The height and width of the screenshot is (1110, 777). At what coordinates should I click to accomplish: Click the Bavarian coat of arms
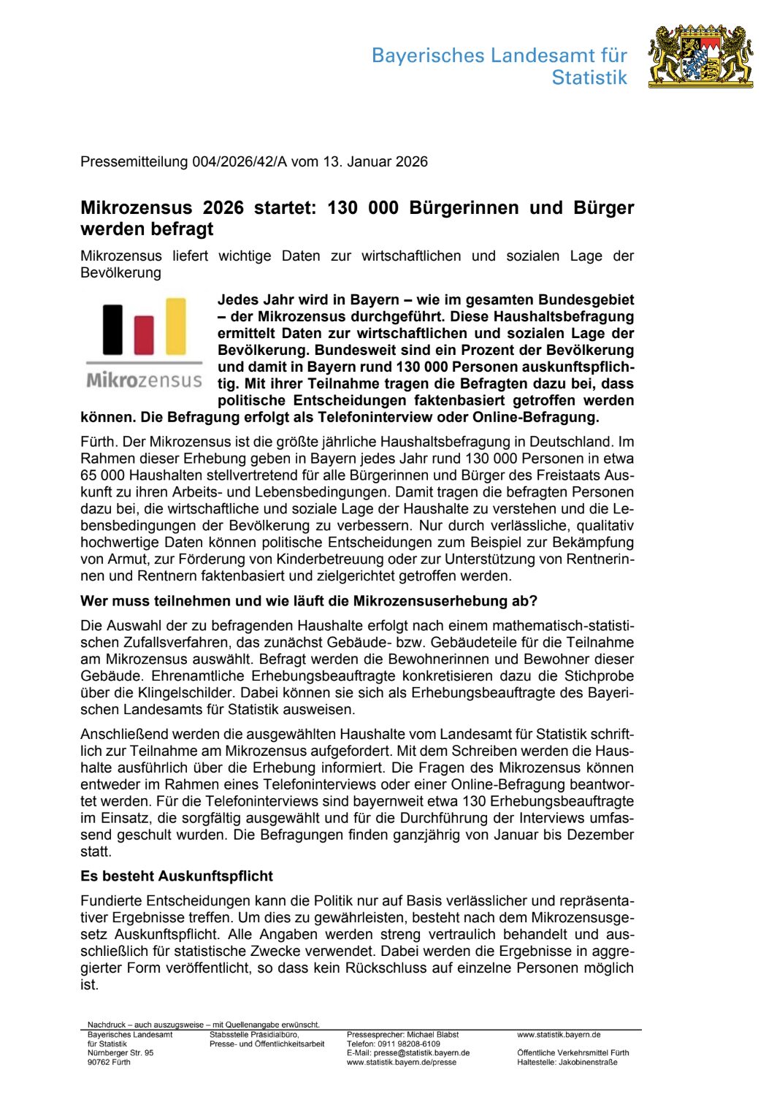(700, 56)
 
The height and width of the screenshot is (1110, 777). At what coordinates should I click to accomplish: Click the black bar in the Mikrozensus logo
(112, 329)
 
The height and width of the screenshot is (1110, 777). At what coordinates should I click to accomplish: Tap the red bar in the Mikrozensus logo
(144, 335)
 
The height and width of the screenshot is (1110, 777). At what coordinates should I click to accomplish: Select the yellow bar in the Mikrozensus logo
(176, 326)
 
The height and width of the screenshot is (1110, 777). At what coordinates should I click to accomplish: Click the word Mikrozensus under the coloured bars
(144, 380)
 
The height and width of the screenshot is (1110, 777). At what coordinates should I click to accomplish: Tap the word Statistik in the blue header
(589, 77)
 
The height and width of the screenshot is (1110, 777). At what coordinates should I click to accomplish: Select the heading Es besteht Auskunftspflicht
(176, 876)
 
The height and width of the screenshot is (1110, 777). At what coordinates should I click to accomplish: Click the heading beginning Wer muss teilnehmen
(308, 601)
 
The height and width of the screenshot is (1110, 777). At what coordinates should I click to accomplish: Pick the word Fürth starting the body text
(98, 442)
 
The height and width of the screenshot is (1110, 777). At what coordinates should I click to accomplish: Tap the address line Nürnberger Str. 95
(120, 1053)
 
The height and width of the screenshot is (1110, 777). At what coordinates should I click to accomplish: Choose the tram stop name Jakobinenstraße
(589, 1063)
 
